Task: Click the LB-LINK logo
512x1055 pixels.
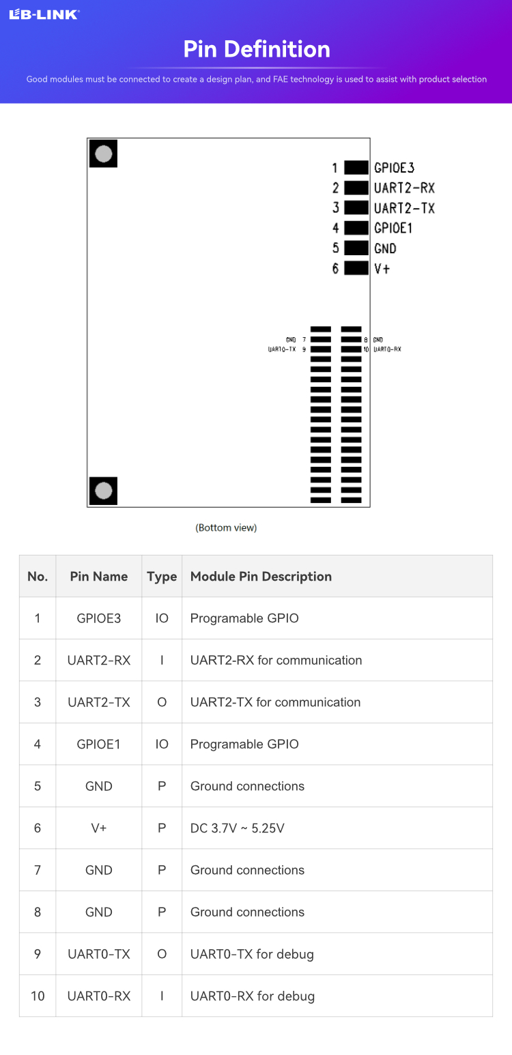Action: [x=44, y=14]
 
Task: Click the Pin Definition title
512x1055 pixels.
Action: [x=257, y=49]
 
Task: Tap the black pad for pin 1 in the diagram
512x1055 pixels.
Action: [x=356, y=167]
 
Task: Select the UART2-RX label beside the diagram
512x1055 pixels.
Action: [x=404, y=188]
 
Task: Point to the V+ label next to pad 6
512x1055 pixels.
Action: [x=382, y=268]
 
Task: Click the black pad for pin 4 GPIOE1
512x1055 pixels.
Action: [x=356, y=228]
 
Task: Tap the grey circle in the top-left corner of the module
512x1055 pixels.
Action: [x=104, y=154]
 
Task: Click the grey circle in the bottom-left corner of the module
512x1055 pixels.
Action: [x=104, y=491]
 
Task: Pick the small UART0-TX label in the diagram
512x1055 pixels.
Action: [x=282, y=349]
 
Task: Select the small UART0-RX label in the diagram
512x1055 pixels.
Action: [x=387, y=349]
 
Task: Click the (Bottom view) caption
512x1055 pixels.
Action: [x=226, y=527]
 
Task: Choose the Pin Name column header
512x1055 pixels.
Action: [x=99, y=577]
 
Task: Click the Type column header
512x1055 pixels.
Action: [x=162, y=577]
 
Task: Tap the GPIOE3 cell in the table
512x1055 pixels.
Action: [x=99, y=618]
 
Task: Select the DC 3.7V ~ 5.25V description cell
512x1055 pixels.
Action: [x=238, y=828]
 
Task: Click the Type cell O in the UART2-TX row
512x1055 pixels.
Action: [x=162, y=702]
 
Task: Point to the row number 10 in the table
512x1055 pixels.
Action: [x=38, y=996]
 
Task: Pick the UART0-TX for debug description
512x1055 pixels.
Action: [x=252, y=954]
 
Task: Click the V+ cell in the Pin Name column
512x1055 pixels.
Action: [x=99, y=828]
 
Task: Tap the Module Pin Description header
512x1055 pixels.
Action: [x=261, y=577]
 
